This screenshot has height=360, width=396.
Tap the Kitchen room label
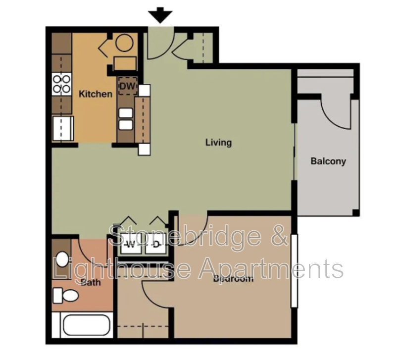coord(96,94)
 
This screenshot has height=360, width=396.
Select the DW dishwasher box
coord(127,86)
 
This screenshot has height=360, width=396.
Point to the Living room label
coord(218,143)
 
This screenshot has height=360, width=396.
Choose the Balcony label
coord(328,161)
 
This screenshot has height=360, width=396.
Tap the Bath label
coord(91,283)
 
